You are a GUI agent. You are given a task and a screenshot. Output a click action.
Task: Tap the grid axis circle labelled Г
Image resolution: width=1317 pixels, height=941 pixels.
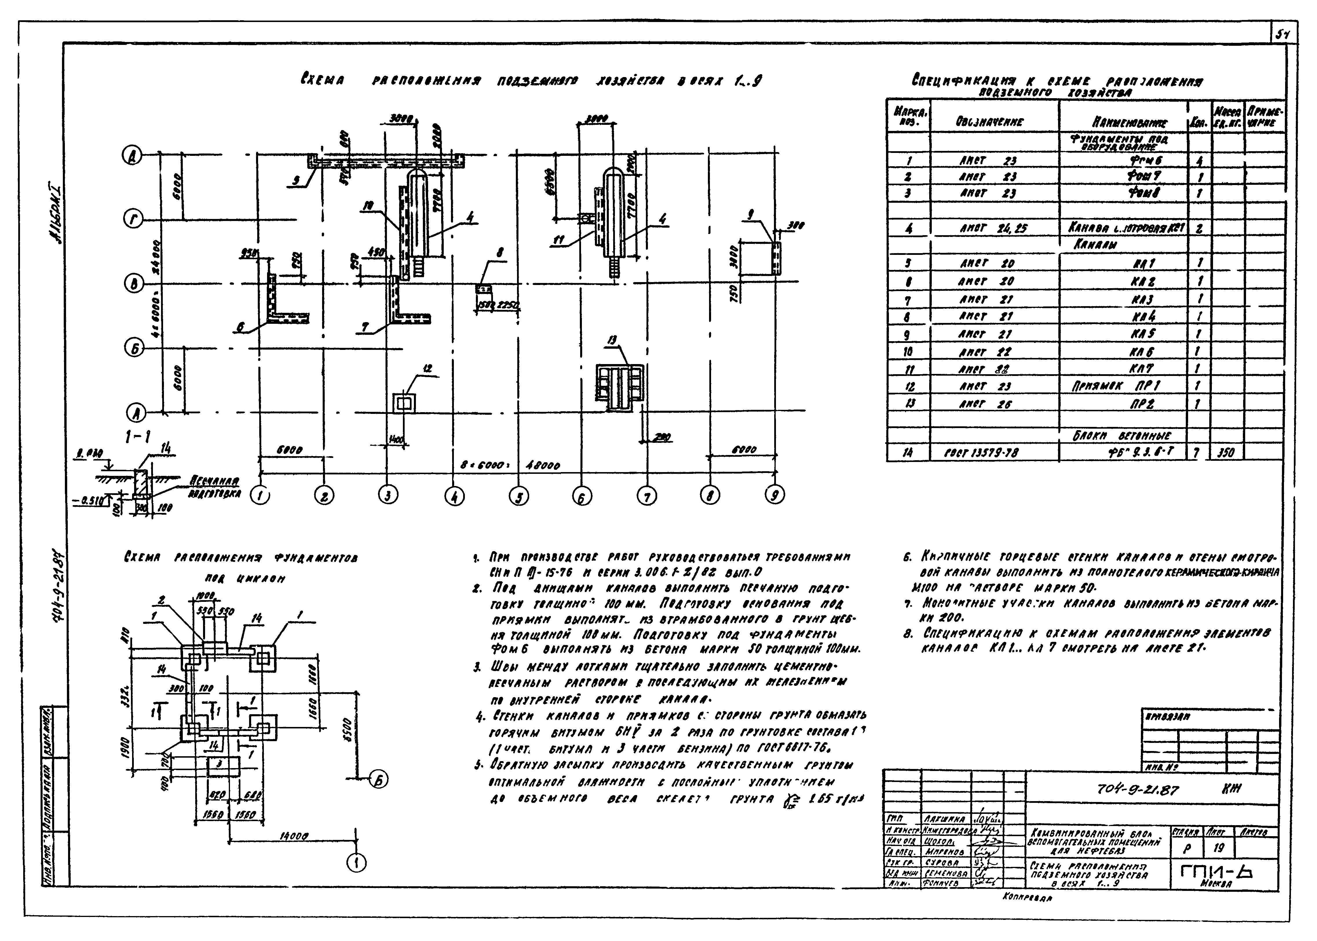pos(133,220)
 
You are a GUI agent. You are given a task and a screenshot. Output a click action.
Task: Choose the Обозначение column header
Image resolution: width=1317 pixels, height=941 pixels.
pos(993,122)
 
